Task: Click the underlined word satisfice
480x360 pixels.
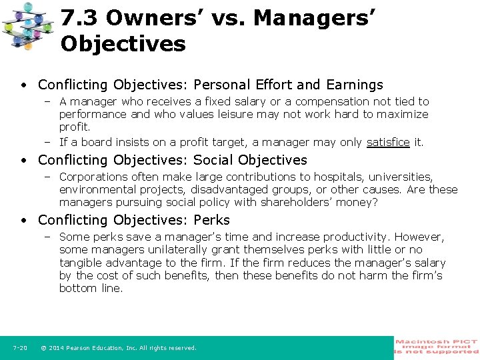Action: click(388, 142)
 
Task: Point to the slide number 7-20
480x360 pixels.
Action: click(20, 348)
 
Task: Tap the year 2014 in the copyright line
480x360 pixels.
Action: click(57, 348)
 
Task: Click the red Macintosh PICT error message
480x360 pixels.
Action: click(437, 347)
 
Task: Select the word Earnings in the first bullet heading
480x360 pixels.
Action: click(355, 85)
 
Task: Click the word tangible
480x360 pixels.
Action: click(80, 263)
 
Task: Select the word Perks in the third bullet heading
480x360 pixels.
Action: click(211, 220)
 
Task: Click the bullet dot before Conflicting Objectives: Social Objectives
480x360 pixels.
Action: click(23, 160)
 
